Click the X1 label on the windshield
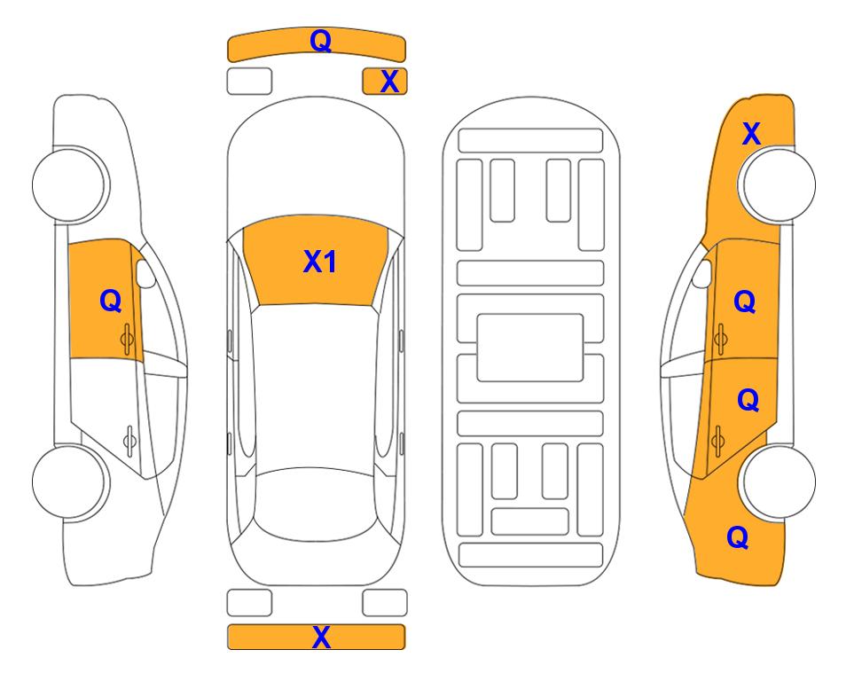pyautogui.click(x=320, y=262)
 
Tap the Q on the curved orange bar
pyautogui.click(x=321, y=41)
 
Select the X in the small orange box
pyautogui.click(x=389, y=82)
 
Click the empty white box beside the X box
pyautogui.click(x=249, y=82)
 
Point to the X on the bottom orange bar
pyautogui.click(x=321, y=637)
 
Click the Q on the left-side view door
pyautogui.click(x=111, y=301)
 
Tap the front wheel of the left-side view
pyautogui.click(x=70, y=184)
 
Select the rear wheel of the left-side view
pyautogui.click(x=70, y=481)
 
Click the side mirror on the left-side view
pyautogui.click(x=145, y=273)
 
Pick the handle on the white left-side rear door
pyautogui.click(x=129, y=440)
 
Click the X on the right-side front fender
pyautogui.click(x=751, y=134)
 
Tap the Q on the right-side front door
pyautogui.click(x=745, y=301)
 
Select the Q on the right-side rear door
pyautogui.click(x=748, y=401)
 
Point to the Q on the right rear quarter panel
pyautogui.click(x=738, y=537)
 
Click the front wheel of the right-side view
pyautogui.click(x=777, y=184)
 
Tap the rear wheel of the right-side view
pyautogui.click(x=777, y=481)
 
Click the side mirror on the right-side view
pyautogui.click(x=702, y=273)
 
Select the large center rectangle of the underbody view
pyautogui.click(x=530, y=348)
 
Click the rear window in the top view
pyautogui.click(x=316, y=505)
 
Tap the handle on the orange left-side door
pyautogui.click(x=127, y=339)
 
